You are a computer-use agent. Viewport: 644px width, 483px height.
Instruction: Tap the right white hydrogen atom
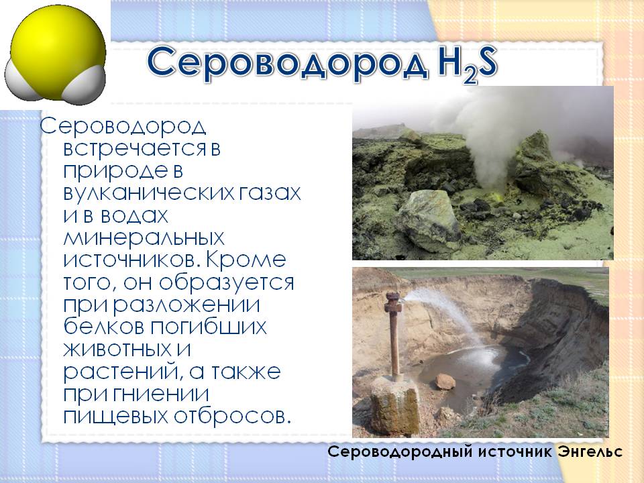pyautogui.click(x=85, y=85)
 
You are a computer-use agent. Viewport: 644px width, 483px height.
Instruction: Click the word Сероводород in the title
pyautogui.click(x=288, y=62)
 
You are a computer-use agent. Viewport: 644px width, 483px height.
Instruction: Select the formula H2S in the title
pyautogui.click(x=468, y=64)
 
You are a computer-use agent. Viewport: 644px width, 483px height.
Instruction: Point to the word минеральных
pyautogui.click(x=144, y=237)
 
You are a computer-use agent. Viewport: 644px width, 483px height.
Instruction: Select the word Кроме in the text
pyautogui.click(x=246, y=259)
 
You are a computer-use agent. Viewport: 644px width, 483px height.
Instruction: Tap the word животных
pyautogui.click(x=117, y=349)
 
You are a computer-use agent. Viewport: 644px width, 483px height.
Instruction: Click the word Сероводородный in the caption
pyautogui.click(x=400, y=453)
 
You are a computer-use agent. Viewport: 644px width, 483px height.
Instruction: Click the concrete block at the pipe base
pyautogui.click(x=394, y=405)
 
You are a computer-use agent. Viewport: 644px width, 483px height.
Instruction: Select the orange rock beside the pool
pyautogui.click(x=445, y=382)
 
